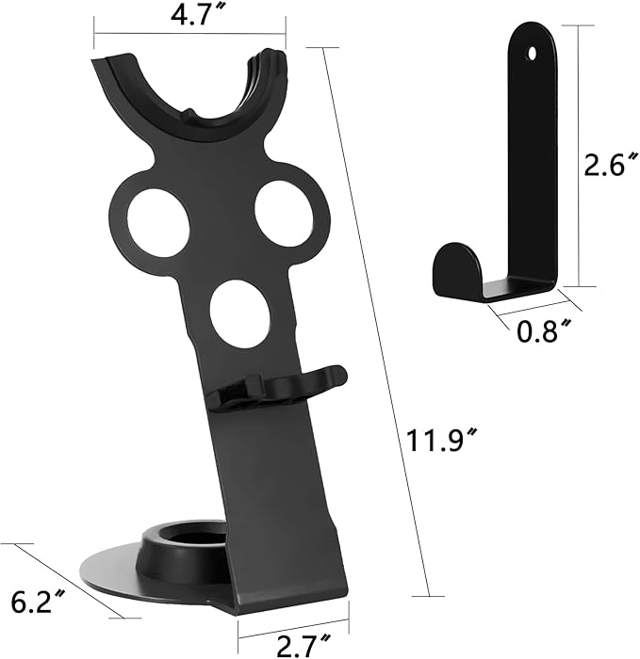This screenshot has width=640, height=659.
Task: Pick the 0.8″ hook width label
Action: [x=544, y=330]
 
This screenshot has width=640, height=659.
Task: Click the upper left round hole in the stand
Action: [x=157, y=223]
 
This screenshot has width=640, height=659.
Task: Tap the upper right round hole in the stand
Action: [x=284, y=215]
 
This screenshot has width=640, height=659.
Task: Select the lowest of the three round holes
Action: [x=239, y=314]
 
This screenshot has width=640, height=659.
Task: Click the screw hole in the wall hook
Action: [x=533, y=54]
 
